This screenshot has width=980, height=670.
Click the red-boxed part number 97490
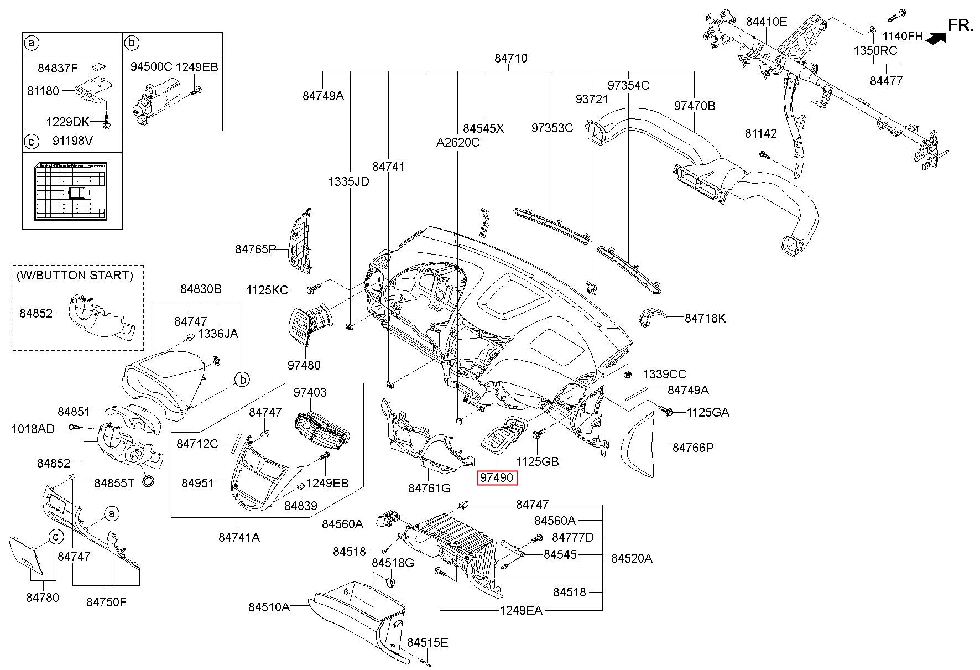tap(497, 477)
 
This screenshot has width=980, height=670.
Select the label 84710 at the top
tap(510, 58)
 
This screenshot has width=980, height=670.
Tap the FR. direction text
tap(961, 25)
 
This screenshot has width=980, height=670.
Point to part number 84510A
tap(269, 607)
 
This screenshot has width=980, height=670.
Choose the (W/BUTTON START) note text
tap(75, 275)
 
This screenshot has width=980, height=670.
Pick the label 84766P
tap(693, 448)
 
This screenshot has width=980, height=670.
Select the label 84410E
tap(766, 22)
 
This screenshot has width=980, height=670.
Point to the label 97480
tap(304, 365)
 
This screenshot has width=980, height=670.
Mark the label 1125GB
tap(538, 461)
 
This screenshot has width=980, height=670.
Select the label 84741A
tap(239, 537)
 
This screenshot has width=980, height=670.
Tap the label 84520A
tap(632, 559)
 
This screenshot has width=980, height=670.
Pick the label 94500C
tap(151, 67)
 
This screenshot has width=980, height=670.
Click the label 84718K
tap(705, 318)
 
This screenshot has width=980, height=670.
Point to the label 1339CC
tap(664, 374)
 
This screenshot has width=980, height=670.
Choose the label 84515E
tap(428, 642)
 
